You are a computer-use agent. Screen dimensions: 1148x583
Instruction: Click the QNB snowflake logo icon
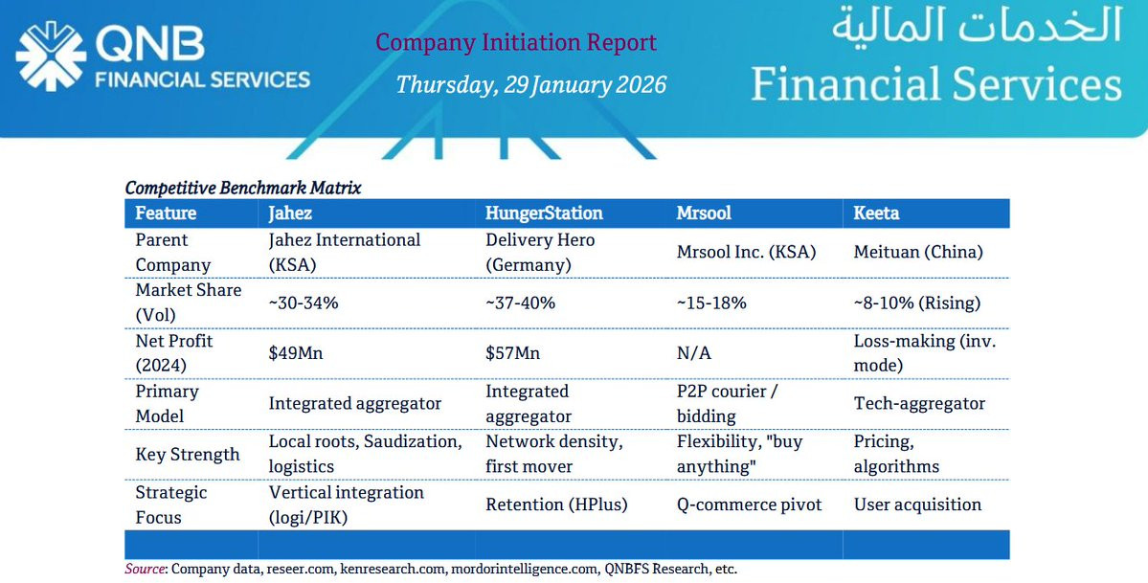click(50, 56)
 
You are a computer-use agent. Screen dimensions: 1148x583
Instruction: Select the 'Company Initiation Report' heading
click(516, 42)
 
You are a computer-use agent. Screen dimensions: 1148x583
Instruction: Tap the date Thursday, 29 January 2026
click(530, 84)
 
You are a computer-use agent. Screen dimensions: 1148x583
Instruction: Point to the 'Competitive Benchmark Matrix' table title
click(243, 188)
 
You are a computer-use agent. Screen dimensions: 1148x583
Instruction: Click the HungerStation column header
click(544, 213)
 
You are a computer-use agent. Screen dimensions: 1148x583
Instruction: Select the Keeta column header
click(876, 213)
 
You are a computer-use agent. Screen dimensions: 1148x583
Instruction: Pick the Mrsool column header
click(704, 213)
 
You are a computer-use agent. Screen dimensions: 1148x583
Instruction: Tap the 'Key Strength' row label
click(188, 454)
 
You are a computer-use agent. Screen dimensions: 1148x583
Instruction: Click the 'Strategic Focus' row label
click(171, 505)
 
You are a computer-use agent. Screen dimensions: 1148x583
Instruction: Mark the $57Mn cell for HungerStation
click(512, 353)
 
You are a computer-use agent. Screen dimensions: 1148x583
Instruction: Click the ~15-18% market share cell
click(711, 303)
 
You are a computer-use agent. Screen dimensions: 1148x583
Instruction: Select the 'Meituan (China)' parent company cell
click(918, 252)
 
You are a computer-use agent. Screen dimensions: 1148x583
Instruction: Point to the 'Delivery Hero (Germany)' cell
click(540, 252)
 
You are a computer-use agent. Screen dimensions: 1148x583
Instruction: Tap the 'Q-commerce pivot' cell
click(749, 505)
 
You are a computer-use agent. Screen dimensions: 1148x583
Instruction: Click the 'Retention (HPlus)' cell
click(556, 505)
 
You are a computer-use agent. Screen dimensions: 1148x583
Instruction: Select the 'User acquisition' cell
click(917, 505)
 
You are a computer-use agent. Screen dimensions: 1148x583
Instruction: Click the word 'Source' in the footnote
click(144, 569)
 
